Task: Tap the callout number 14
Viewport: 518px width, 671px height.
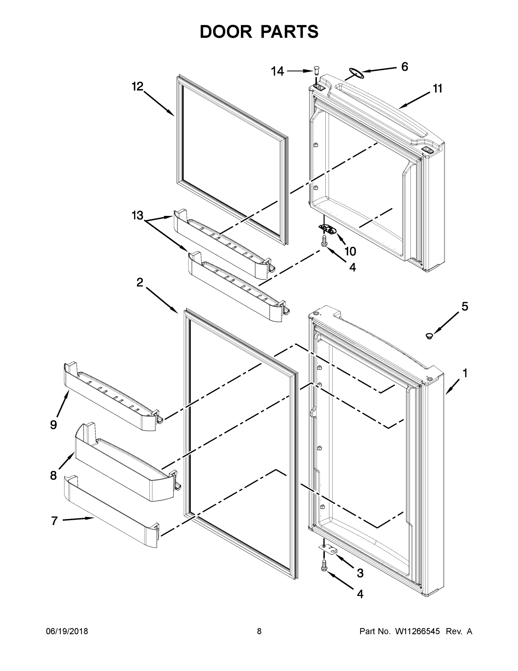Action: pyautogui.click(x=277, y=72)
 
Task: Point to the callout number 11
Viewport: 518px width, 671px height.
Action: pyautogui.click(x=438, y=89)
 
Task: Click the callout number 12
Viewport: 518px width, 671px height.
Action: pyautogui.click(x=137, y=87)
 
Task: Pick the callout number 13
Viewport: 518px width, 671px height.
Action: pyautogui.click(x=137, y=216)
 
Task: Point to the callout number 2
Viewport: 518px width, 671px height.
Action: pyautogui.click(x=140, y=282)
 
